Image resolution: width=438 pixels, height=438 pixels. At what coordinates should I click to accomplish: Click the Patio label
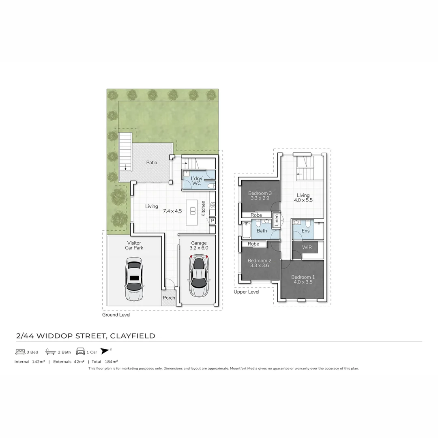click(x=152, y=163)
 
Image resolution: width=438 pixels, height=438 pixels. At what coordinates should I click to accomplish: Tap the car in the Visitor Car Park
click(x=134, y=279)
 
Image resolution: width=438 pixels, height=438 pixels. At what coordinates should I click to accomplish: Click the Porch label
click(x=169, y=298)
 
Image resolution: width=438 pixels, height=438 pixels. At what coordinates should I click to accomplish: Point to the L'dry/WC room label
click(x=196, y=181)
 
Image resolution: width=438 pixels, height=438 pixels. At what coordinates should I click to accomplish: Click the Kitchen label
click(x=204, y=208)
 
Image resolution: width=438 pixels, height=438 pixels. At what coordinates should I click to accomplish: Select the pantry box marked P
click(x=212, y=221)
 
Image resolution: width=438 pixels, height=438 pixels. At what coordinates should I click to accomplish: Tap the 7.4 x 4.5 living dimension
click(x=172, y=211)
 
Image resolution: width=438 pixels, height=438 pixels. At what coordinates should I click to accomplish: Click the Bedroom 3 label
click(x=260, y=193)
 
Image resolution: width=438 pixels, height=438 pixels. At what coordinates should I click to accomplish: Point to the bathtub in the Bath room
click(x=246, y=230)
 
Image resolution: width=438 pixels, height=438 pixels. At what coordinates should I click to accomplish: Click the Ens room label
click(x=305, y=231)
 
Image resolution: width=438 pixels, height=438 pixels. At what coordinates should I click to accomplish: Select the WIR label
click(x=307, y=247)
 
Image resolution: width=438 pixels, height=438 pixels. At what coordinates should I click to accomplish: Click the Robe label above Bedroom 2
click(x=253, y=244)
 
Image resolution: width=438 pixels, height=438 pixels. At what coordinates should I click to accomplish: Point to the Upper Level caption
click(x=246, y=292)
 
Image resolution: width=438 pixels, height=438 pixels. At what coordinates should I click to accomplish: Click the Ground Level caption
click(x=116, y=315)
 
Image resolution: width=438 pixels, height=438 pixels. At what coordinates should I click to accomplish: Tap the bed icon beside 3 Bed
click(x=20, y=352)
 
